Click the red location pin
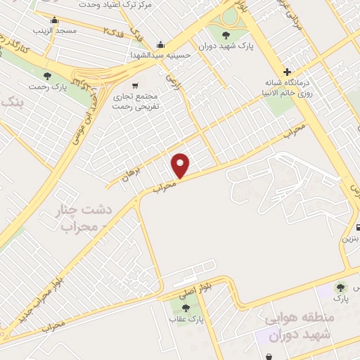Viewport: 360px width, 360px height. point(181,165)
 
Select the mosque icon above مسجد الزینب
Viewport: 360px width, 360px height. point(54,19)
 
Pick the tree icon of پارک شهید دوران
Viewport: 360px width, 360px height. point(225,35)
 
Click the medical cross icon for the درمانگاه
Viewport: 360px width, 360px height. point(287,71)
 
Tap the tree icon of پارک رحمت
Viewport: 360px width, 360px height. point(48,75)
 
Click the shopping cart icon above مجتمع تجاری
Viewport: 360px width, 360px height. point(135,86)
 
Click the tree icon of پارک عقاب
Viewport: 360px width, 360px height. point(186,307)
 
